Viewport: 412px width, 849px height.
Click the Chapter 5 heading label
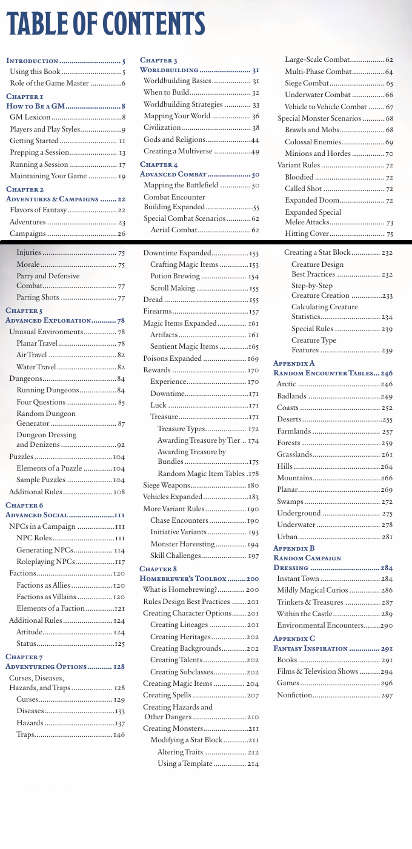click(x=24, y=310)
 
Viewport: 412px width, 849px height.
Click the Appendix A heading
click(x=294, y=363)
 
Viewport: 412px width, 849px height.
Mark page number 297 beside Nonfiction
click(x=387, y=695)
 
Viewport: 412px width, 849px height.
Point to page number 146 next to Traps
click(x=119, y=734)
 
